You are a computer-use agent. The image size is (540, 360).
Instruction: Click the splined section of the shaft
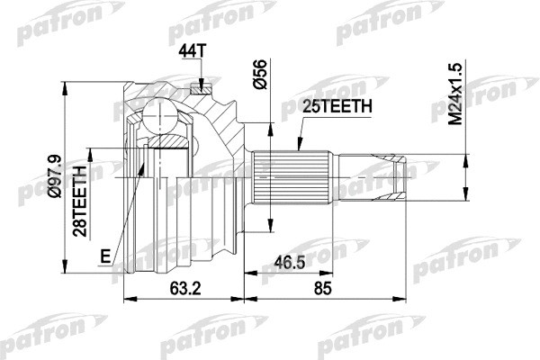pyautogui.click(x=281, y=177)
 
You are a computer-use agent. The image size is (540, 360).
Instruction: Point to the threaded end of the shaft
pyautogui.click(x=396, y=177)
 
